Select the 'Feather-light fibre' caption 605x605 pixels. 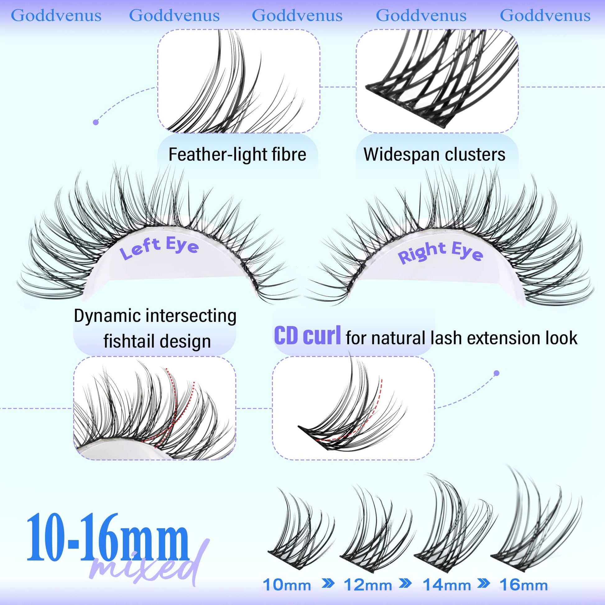237,155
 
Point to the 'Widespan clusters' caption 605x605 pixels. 434,155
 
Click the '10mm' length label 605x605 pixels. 287,585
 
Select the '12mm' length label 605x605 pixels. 368,585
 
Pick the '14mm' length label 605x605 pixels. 447,585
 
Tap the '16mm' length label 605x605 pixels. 524,585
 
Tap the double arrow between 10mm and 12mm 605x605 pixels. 328,584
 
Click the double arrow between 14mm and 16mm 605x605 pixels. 485,584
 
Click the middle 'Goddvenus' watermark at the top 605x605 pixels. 297,15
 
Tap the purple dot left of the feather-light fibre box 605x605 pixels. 96,122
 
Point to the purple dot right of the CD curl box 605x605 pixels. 496,373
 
